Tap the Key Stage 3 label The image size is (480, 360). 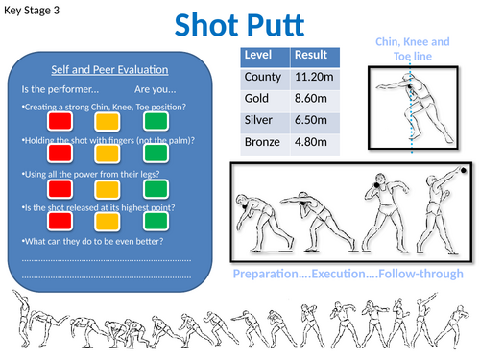(36, 11)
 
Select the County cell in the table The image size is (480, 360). (264, 77)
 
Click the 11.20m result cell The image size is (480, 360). (313, 77)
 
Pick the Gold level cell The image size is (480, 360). (258, 99)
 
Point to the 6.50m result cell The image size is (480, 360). (313, 121)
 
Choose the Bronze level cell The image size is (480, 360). (264, 143)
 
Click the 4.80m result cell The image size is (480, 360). (313, 143)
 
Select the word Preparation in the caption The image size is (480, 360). (264, 276)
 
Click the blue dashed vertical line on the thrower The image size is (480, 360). (414, 115)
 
